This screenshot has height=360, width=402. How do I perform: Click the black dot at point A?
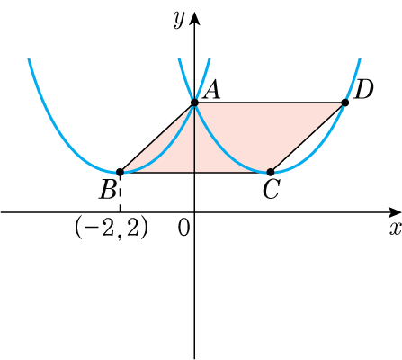coord(194,103)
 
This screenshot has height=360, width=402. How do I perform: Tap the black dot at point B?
coord(120,172)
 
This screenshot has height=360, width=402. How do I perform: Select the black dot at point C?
coord(271,172)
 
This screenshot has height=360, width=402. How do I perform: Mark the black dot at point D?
coord(345,103)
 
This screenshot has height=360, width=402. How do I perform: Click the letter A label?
coord(211,91)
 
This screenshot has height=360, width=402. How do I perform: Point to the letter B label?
coord(108,190)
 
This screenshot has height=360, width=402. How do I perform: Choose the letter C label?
coord(271,190)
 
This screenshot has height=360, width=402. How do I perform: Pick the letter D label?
coord(363,90)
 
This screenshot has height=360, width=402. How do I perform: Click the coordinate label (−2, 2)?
coord(111,228)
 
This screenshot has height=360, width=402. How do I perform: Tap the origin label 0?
coord(183,229)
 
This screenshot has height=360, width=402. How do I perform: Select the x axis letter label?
coord(396,229)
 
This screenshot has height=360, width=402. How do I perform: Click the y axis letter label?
coord(179,20)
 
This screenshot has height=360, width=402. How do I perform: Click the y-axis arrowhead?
coord(195,19)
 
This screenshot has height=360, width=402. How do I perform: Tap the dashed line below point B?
coord(120,193)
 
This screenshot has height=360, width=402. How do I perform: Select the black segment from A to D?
coord(270,103)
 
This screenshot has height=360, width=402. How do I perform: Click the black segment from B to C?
coord(195,172)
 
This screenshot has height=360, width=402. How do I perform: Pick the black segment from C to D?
coord(308,138)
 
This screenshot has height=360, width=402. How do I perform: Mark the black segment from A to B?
coord(157,138)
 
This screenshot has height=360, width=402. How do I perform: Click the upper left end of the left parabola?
coord(29,58)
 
